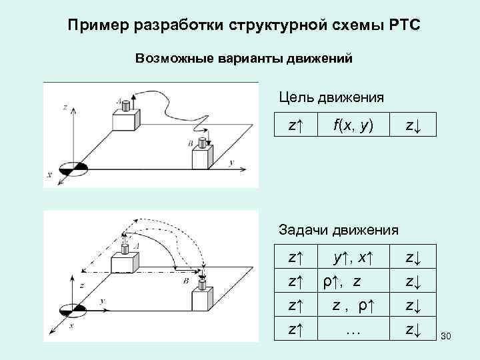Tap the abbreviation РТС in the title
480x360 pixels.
(x=398, y=26)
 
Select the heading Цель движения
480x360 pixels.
(x=331, y=98)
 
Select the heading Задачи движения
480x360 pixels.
(x=338, y=230)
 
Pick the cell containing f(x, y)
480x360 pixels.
(x=354, y=125)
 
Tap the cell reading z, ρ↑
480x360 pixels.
(x=353, y=305)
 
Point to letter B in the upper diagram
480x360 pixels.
(x=190, y=144)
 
